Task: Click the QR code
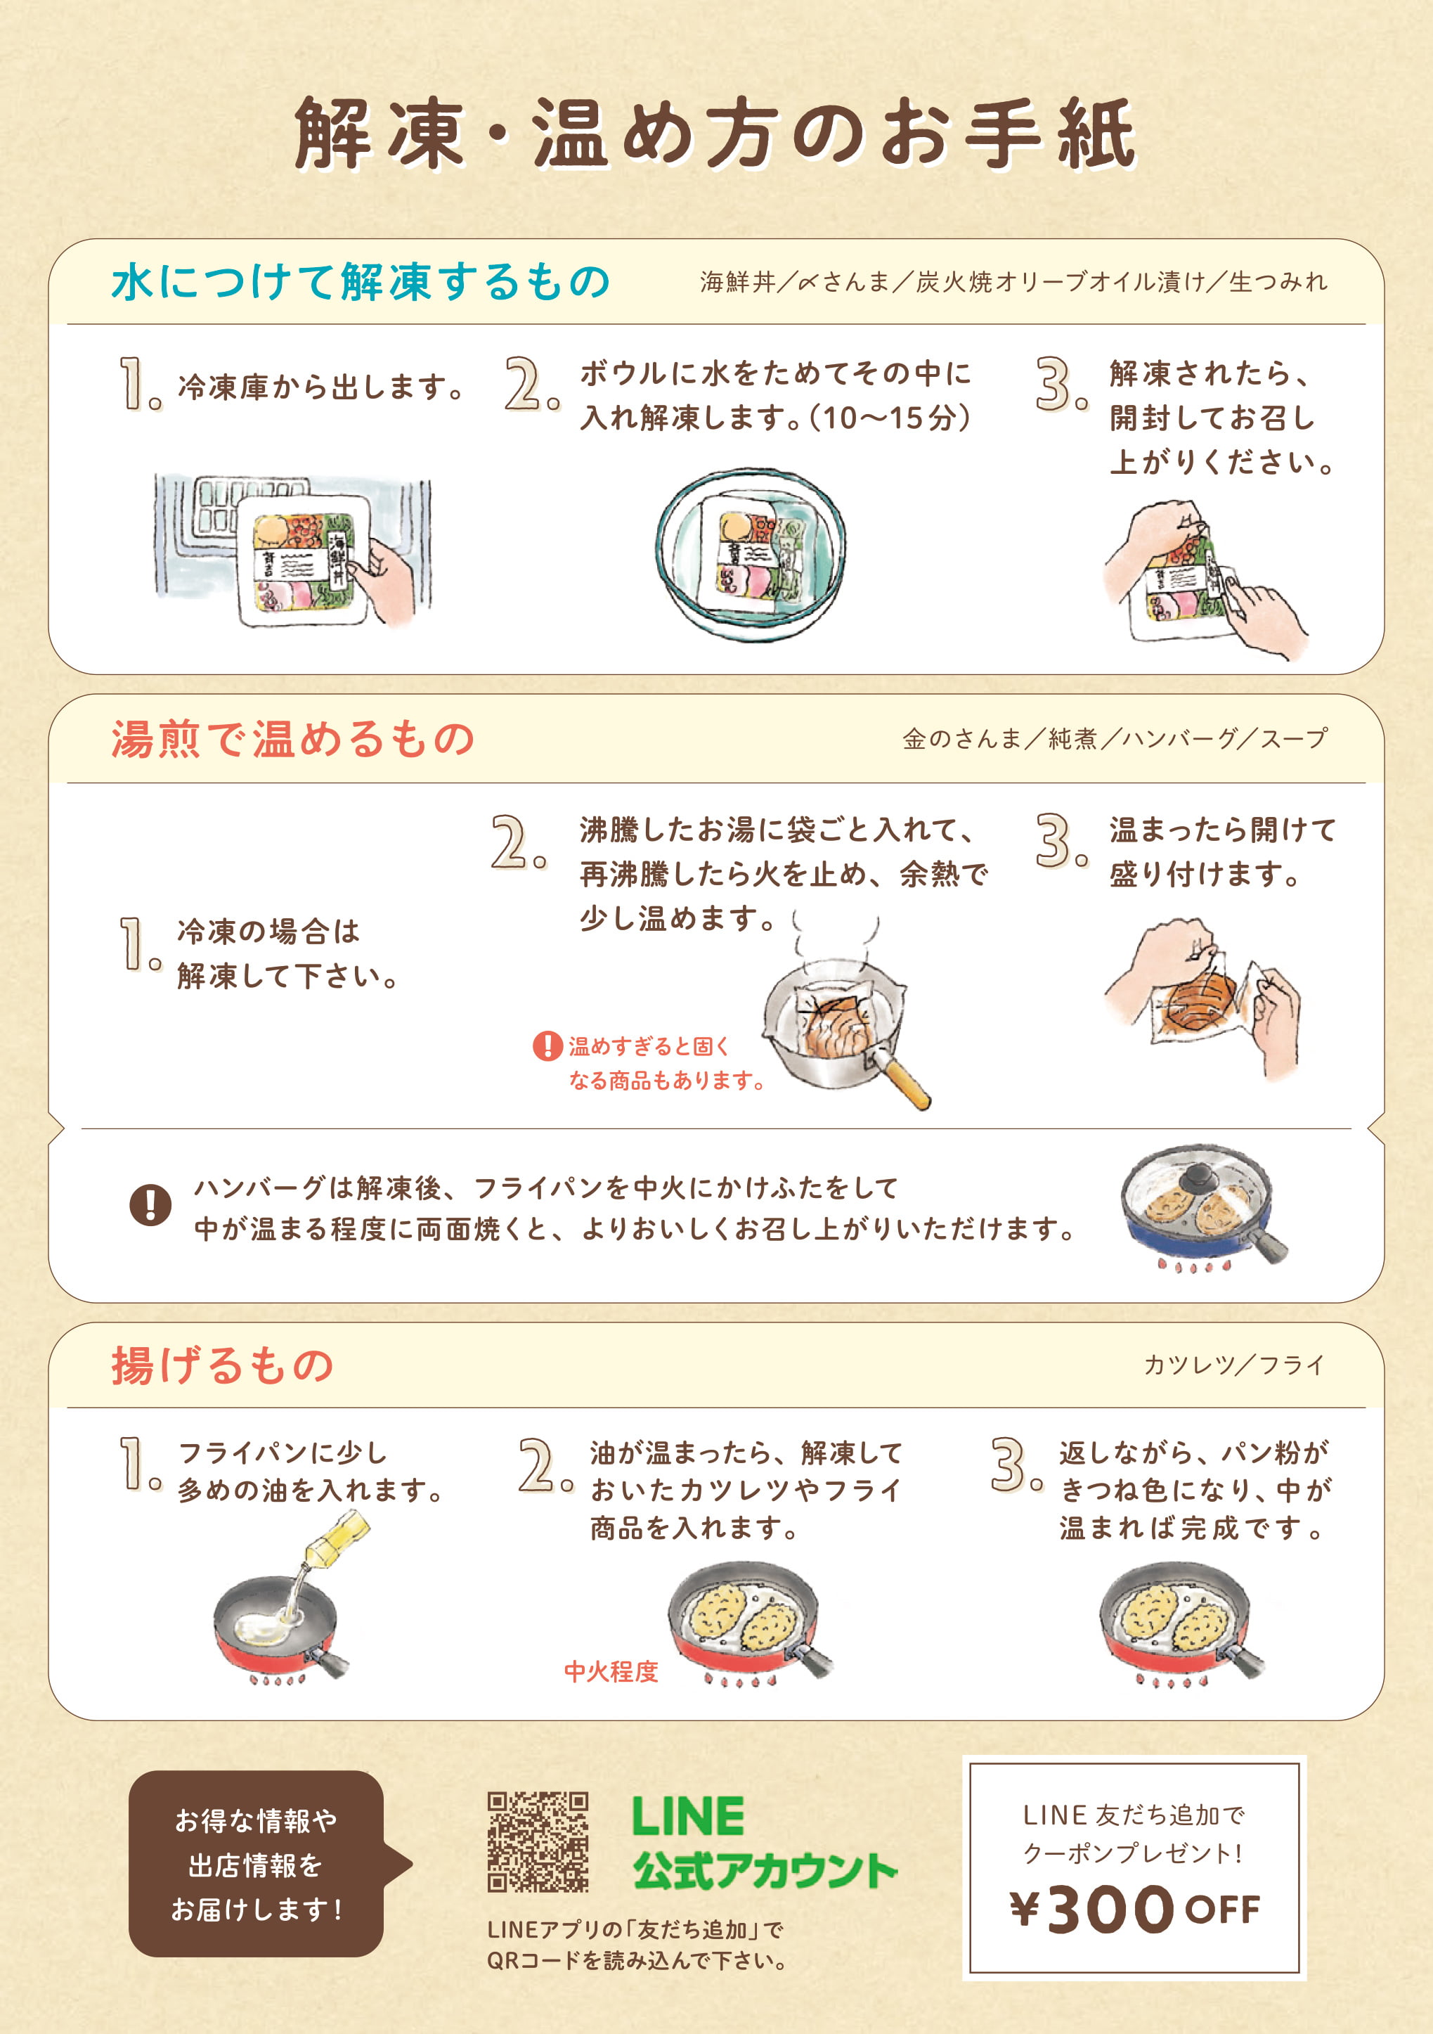[538, 1842]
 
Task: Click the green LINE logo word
[688, 1816]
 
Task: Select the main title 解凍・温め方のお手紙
[715, 134]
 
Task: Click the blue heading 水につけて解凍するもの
[361, 282]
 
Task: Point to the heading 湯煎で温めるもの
[293, 738]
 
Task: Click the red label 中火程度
[611, 1671]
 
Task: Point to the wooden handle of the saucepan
[906, 1083]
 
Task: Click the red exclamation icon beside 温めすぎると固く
[547, 1045]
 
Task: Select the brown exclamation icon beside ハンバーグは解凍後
[150, 1205]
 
